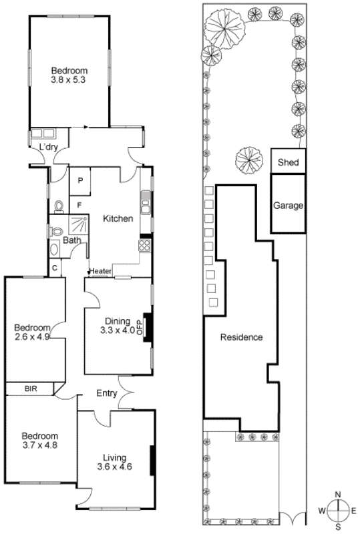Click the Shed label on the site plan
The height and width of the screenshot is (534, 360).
point(288,162)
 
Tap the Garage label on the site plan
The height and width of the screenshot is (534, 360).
point(288,206)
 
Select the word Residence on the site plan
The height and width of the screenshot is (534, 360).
point(241,337)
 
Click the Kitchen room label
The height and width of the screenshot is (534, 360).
point(118,218)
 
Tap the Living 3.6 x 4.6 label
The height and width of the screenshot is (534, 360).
point(115,462)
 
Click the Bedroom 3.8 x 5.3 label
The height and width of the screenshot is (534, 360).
point(69,74)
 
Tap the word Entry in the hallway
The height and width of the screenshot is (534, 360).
point(108,392)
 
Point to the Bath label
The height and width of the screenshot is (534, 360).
point(71,240)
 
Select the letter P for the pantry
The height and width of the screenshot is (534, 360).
point(79,181)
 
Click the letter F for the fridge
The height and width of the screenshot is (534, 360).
point(79,205)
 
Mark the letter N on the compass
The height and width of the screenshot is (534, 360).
point(338,494)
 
